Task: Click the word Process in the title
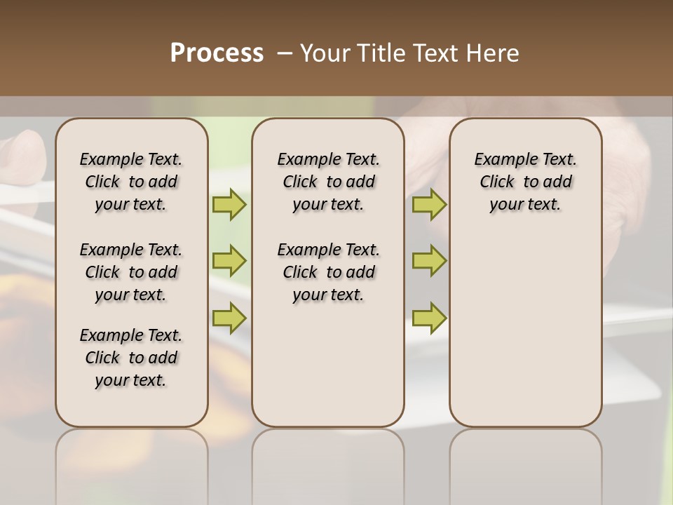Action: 217,53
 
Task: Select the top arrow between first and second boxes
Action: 229,205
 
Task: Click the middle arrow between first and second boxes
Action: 229,261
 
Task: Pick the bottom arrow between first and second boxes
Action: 229,318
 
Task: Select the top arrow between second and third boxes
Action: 429,205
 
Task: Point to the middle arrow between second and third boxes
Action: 429,261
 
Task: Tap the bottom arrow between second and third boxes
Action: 429,318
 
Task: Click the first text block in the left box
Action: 131,182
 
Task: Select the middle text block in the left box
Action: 131,272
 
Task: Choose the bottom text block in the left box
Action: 131,358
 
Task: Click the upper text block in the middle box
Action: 328,182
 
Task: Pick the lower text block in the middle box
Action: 328,272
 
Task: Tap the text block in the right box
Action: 526,182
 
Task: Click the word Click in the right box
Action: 497,182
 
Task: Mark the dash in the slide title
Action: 285,53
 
